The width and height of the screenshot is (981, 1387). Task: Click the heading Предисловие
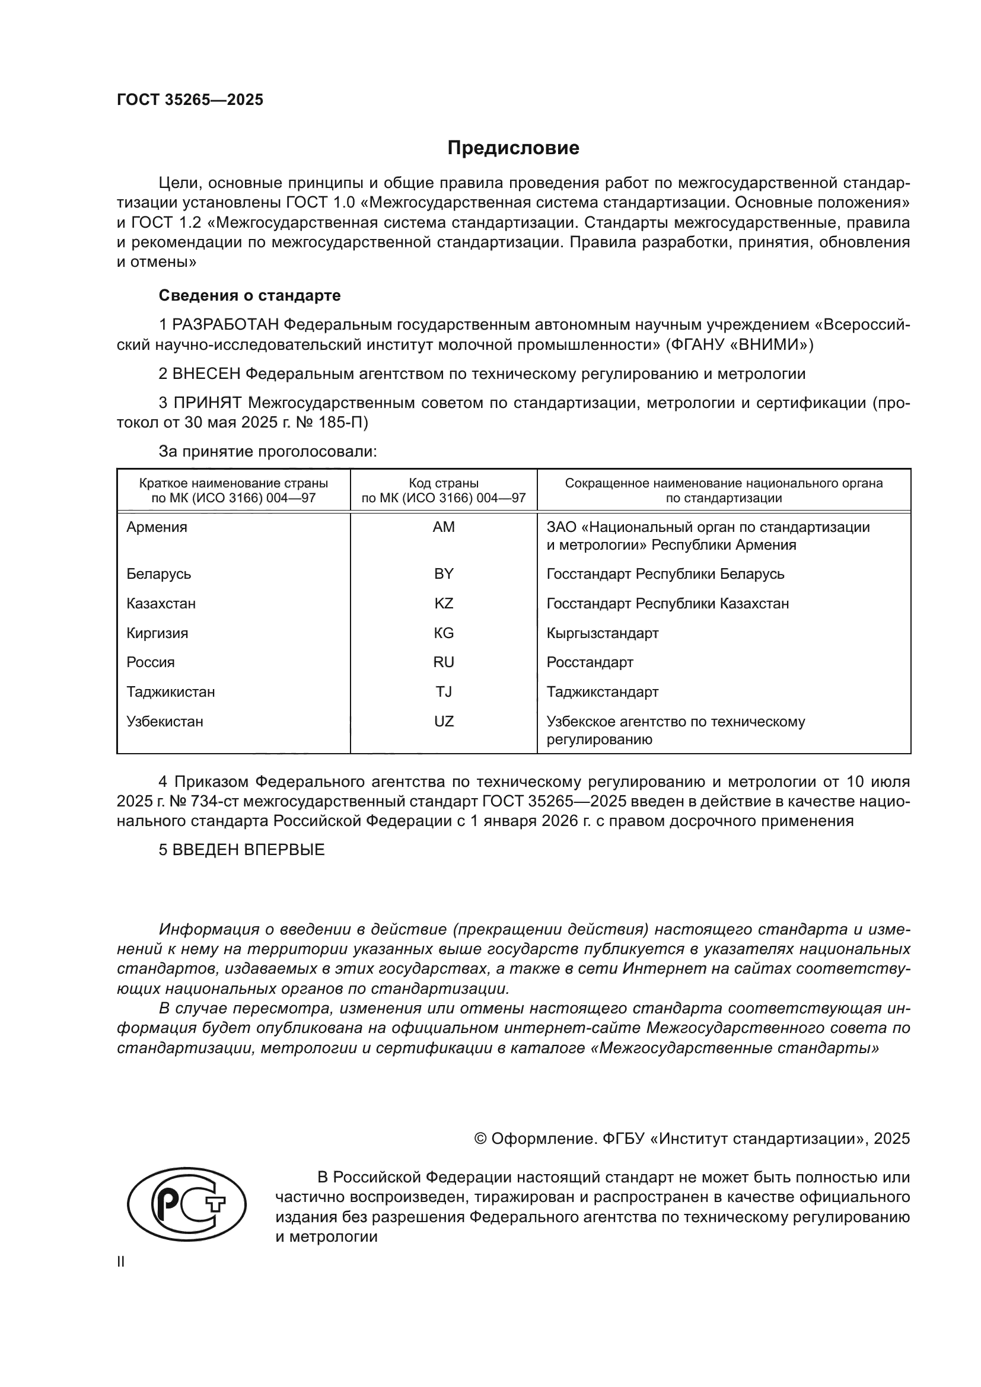click(513, 148)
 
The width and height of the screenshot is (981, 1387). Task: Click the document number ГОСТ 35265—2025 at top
click(190, 100)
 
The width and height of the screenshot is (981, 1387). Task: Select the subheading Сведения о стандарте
click(250, 295)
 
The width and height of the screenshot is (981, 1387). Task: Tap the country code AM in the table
click(444, 527)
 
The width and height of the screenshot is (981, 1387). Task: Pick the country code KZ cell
click(444, 604)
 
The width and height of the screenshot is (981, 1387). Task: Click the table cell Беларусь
click(158, 574)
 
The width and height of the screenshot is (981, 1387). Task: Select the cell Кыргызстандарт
click(602, 633)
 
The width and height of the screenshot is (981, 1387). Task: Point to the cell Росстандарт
click(590, 662)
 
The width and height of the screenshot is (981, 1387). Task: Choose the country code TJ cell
click(444, 691)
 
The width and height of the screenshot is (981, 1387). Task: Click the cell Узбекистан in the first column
click(164, 721)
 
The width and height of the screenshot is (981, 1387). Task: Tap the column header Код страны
click(444, 483)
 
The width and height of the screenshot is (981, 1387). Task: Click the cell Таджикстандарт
click(602, 691)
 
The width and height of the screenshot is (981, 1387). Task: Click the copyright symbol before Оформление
click(480, 1139)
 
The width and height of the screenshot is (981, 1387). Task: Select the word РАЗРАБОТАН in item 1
click(225, 325)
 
